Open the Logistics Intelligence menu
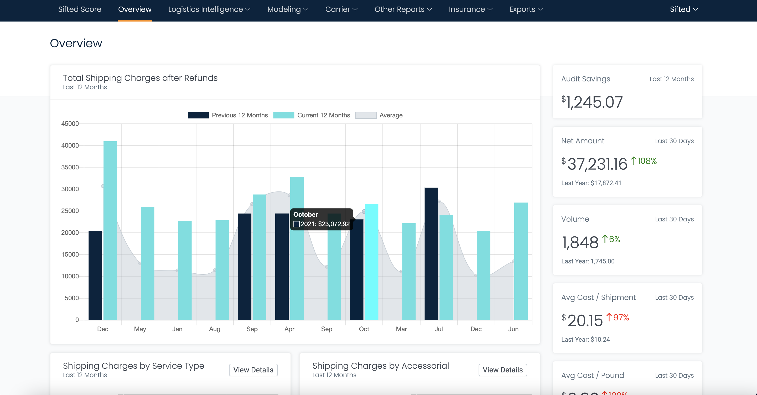[x=209, y=9]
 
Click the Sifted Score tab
[x=80, y=9]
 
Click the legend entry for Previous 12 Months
[x=228, y=115]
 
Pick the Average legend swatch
[x=366, y=115]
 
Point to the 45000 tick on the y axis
[x=70, y=124]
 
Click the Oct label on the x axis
[x=364, y=329]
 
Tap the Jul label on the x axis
[x=438, y=329]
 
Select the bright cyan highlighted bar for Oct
[x=371, y=262]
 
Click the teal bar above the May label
[x=147, y=263]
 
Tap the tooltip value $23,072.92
[x=325, y=224]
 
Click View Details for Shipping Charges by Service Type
[x=253, y=370]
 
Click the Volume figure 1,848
[x=580, y=242]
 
